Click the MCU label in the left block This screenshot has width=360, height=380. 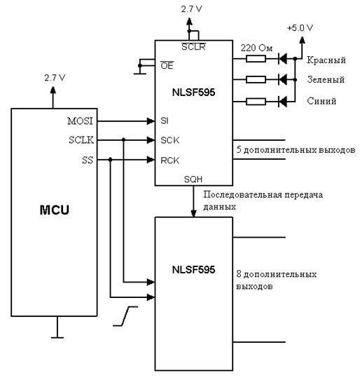point(54,210)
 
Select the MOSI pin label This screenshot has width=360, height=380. point(80,121)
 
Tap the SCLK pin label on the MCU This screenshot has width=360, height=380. point(81,140)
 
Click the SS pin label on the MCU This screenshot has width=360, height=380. point(88,160)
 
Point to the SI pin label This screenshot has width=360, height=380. point(165,121)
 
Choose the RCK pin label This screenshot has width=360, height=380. point(170,161)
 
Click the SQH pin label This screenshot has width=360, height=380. point(193,179)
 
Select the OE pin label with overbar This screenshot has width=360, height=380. point(167,65)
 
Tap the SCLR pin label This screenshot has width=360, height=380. point(193,46)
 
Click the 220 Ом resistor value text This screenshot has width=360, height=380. point(256,48)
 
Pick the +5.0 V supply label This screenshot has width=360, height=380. point(300,28)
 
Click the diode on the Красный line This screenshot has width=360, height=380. point(282,59)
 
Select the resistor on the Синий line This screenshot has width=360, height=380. point(256,102)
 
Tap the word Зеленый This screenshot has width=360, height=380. point(326,79)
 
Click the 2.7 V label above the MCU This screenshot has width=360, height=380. point(55,78)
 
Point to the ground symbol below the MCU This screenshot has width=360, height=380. point(57,327)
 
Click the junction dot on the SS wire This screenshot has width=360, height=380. point(111,159)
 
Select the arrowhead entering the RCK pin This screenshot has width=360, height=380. point(151,160)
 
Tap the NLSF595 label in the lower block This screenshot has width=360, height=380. point(193,270)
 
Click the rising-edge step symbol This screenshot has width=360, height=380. point(125,316)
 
